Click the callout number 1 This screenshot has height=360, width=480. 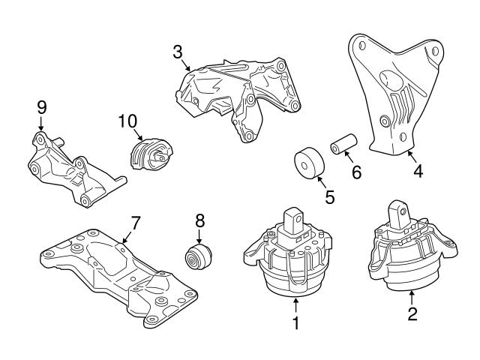(295, 324)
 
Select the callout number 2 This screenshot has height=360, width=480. (412, 314)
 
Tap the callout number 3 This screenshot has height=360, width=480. (177, 52)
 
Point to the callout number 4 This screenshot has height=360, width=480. (418, 172)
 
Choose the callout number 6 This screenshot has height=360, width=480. (356, 172)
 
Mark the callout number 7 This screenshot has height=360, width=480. (136, 222)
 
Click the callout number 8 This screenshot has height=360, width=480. (199, 222)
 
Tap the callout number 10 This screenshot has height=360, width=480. (128, 119)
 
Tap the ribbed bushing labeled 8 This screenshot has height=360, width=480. (199, 255)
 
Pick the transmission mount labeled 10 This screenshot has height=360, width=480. (151, 154)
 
